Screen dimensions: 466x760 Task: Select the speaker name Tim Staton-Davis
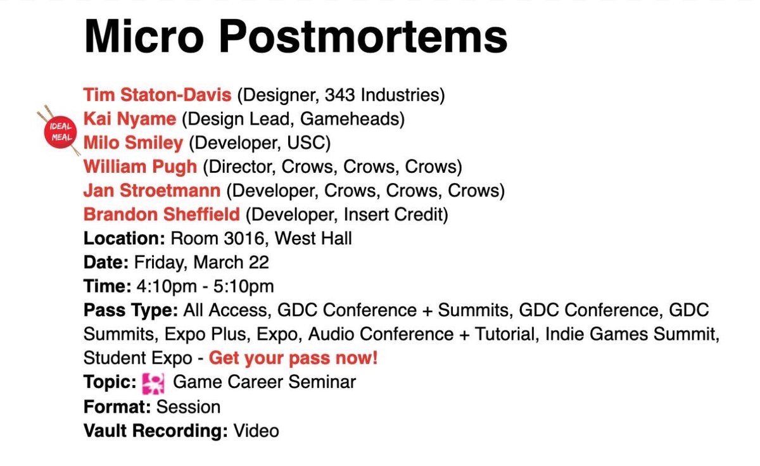[x=157, y=96]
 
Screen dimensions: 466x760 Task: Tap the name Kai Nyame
[x=129, y=119]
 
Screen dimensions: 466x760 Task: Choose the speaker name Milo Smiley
[x=133, y=143]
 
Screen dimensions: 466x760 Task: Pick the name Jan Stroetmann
[x=152, y=191]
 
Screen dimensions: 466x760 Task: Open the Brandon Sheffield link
[x=161, y=215]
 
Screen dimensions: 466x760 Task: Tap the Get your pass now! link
[x=293, y=358]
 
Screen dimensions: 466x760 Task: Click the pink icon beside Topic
[x=153, y=382]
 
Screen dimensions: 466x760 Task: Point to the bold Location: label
[x=124, y=239]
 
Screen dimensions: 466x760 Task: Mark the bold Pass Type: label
[x=131, y=311]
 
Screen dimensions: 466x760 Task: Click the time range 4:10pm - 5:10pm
[x=205, y=287]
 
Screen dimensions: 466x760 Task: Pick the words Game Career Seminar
[x=264, y=382]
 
